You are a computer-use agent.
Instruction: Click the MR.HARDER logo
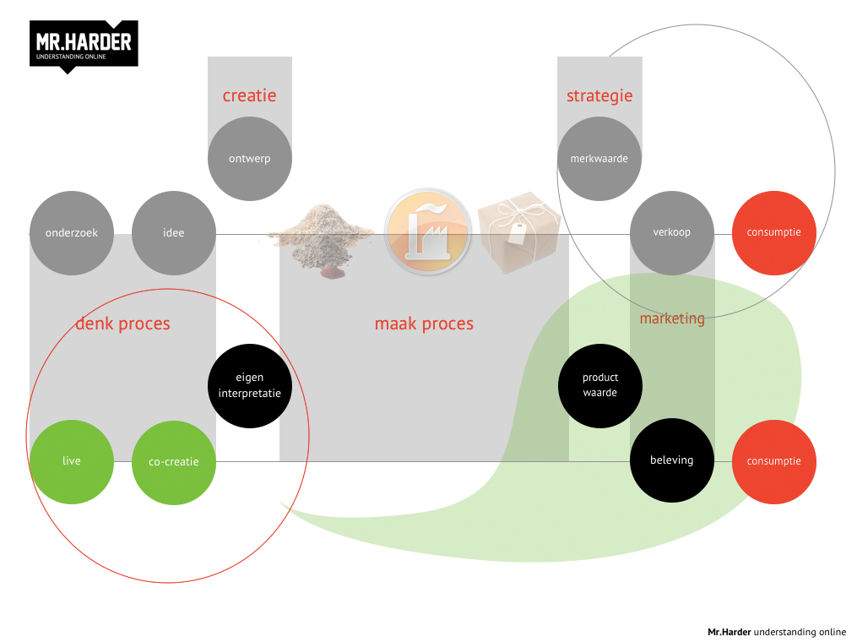click(x=84, y=45)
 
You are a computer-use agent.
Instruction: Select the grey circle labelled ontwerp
click(x=250, y=158)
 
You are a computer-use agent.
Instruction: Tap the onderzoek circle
click(x=72, y=233)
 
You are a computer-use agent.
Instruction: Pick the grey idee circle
click(x=174, y=233)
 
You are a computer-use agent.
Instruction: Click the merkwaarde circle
click(x=599, y=158)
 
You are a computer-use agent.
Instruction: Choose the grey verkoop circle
click(x=672, y=232)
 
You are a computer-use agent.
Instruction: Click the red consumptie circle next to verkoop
click(x=773, y=232)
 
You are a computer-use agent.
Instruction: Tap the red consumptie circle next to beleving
click(x=773, y=461)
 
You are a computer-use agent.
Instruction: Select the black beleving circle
click(x=672, y=460)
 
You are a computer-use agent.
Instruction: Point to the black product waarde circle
click(x=600, y=385)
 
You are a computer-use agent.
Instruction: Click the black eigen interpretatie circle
click(x=250, y=385)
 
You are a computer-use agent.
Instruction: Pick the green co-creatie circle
click(x=174, y=462)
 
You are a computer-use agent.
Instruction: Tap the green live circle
click(x=72, y=461)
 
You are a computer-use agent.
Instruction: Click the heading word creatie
click(x=249, y=95)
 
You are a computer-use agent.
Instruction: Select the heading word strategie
click(x=599, y=95)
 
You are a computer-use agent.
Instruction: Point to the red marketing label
click(x=672, y=318)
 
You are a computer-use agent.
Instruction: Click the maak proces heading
click(x=424, y=324)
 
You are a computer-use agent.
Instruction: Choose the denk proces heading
click(x=122, y=324)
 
